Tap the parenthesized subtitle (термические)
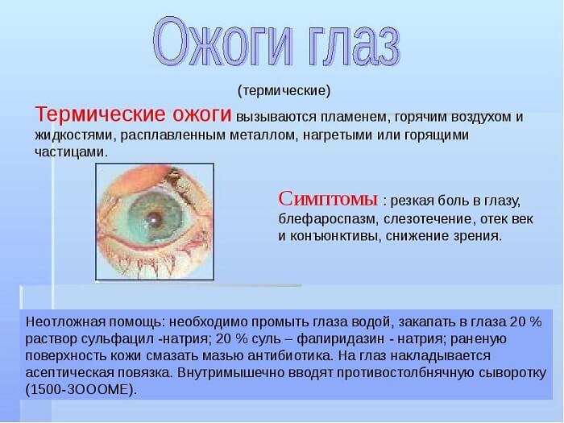point(284,89)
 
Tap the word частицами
point(71,152)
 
